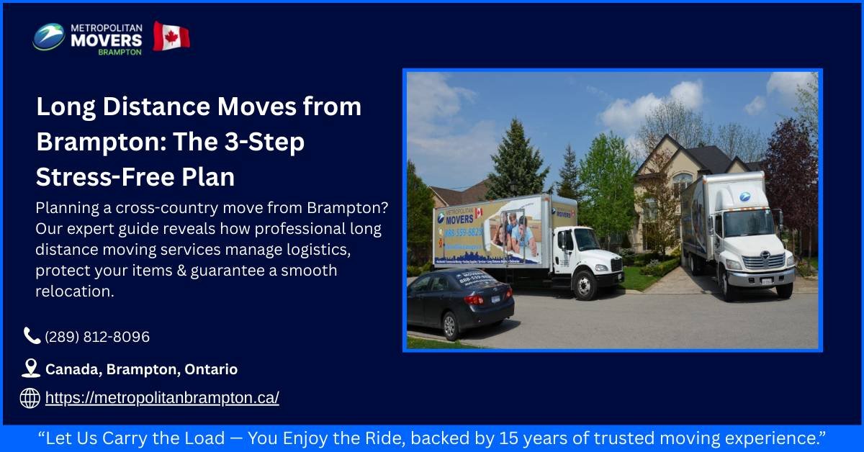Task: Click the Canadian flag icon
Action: click(171, 36)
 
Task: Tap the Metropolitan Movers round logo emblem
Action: click(49, 37)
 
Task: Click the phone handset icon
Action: click(31, 335)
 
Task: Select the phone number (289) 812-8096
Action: click(97, 337)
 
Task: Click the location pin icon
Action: click(30, 369)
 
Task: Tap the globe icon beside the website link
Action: click(30, 398)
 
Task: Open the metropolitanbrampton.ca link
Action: click(162, 398)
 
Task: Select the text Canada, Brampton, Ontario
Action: click(141, 369)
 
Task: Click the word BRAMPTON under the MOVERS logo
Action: click(120, 52)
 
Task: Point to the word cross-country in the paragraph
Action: click(184, 208)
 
